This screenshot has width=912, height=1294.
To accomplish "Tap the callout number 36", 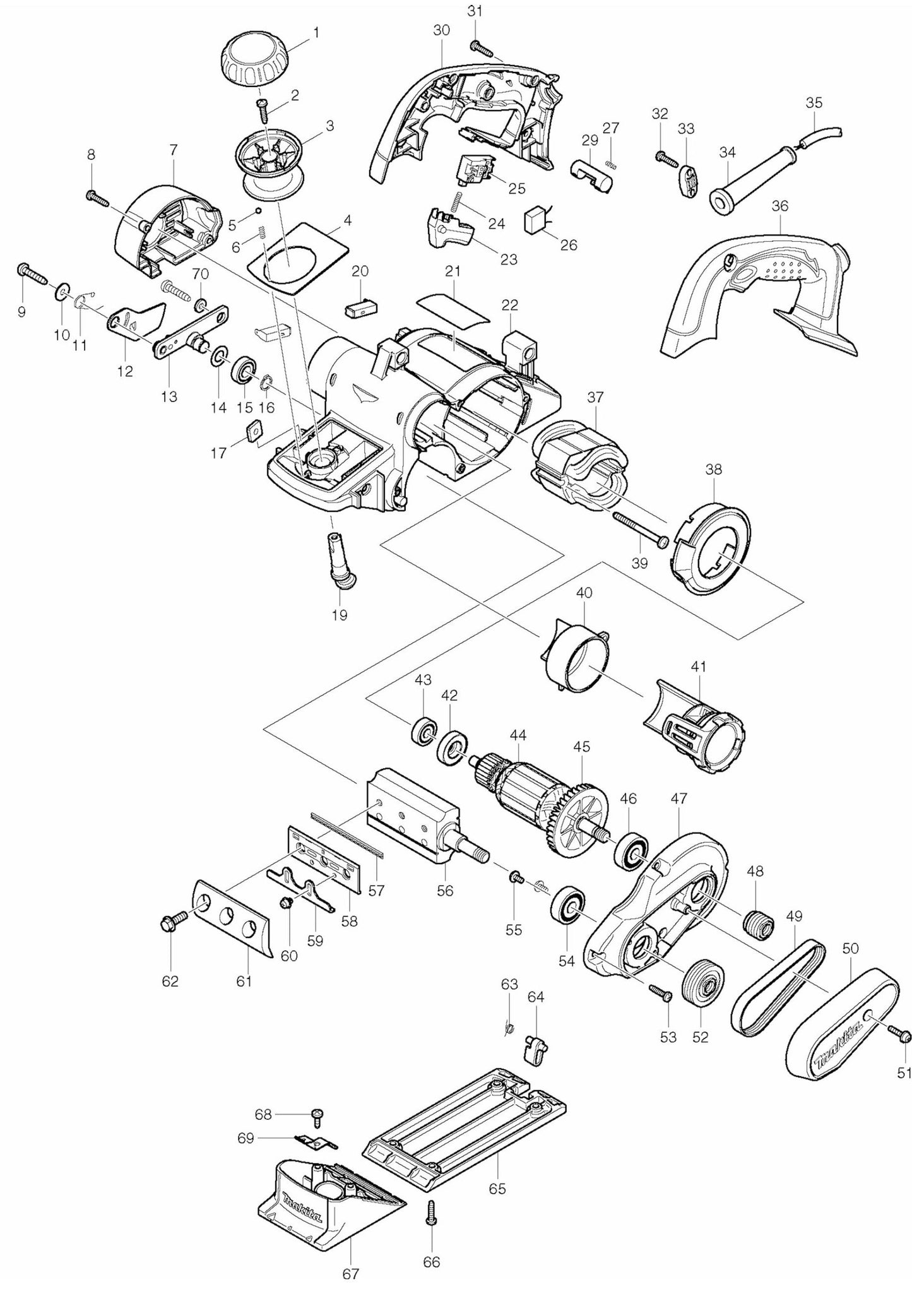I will (779, 206).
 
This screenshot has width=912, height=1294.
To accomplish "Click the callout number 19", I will (340, 614).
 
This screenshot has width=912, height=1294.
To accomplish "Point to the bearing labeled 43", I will (423, 733).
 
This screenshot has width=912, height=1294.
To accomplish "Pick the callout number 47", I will (678, 798).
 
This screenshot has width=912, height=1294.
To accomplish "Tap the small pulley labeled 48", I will (756, 925).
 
